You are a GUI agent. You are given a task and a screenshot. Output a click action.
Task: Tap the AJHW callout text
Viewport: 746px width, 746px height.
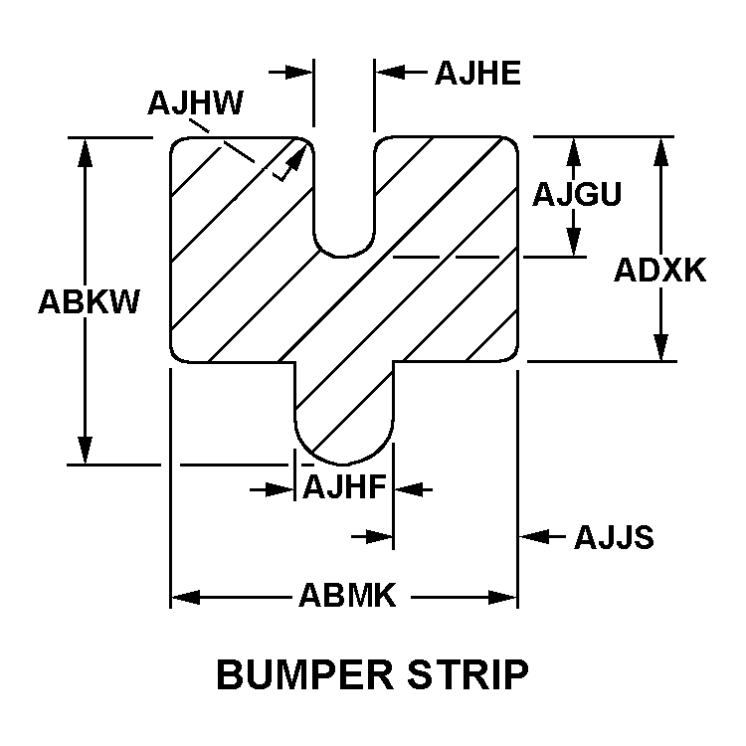coord(196,102)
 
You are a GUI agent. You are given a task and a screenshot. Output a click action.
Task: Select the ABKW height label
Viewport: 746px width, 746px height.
coord(89,301)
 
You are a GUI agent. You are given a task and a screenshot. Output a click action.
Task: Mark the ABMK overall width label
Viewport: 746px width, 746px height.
coord(347,597)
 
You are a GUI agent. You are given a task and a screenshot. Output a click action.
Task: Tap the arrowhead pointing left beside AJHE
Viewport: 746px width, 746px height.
coord(388,72)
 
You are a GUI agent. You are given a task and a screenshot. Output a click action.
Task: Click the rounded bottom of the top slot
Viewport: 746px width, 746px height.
coord(344,249)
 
